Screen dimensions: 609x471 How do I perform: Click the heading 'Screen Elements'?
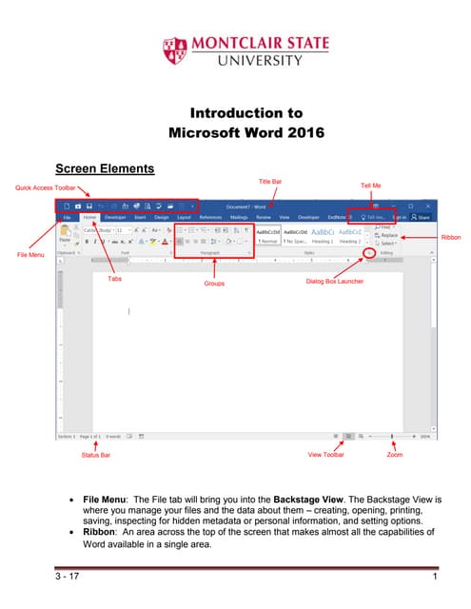[x=105, y=169]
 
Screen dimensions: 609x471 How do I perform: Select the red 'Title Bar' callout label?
[x=271, y=181]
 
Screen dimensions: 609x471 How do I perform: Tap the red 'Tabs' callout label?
[x=114, y=279]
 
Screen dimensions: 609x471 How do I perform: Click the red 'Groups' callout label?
[x=215, y=284]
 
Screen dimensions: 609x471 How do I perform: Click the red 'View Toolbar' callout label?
[x=326, y=456]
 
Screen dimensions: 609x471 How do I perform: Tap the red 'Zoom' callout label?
[x=394, y=456]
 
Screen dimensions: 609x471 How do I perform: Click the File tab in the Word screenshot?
[x=68, y=218]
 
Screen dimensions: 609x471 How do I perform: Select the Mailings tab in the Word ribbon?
[x=239, y=218]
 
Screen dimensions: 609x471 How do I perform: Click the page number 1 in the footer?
[x=434, y=578]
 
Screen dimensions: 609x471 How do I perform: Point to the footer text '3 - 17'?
[x=68, y=578]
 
